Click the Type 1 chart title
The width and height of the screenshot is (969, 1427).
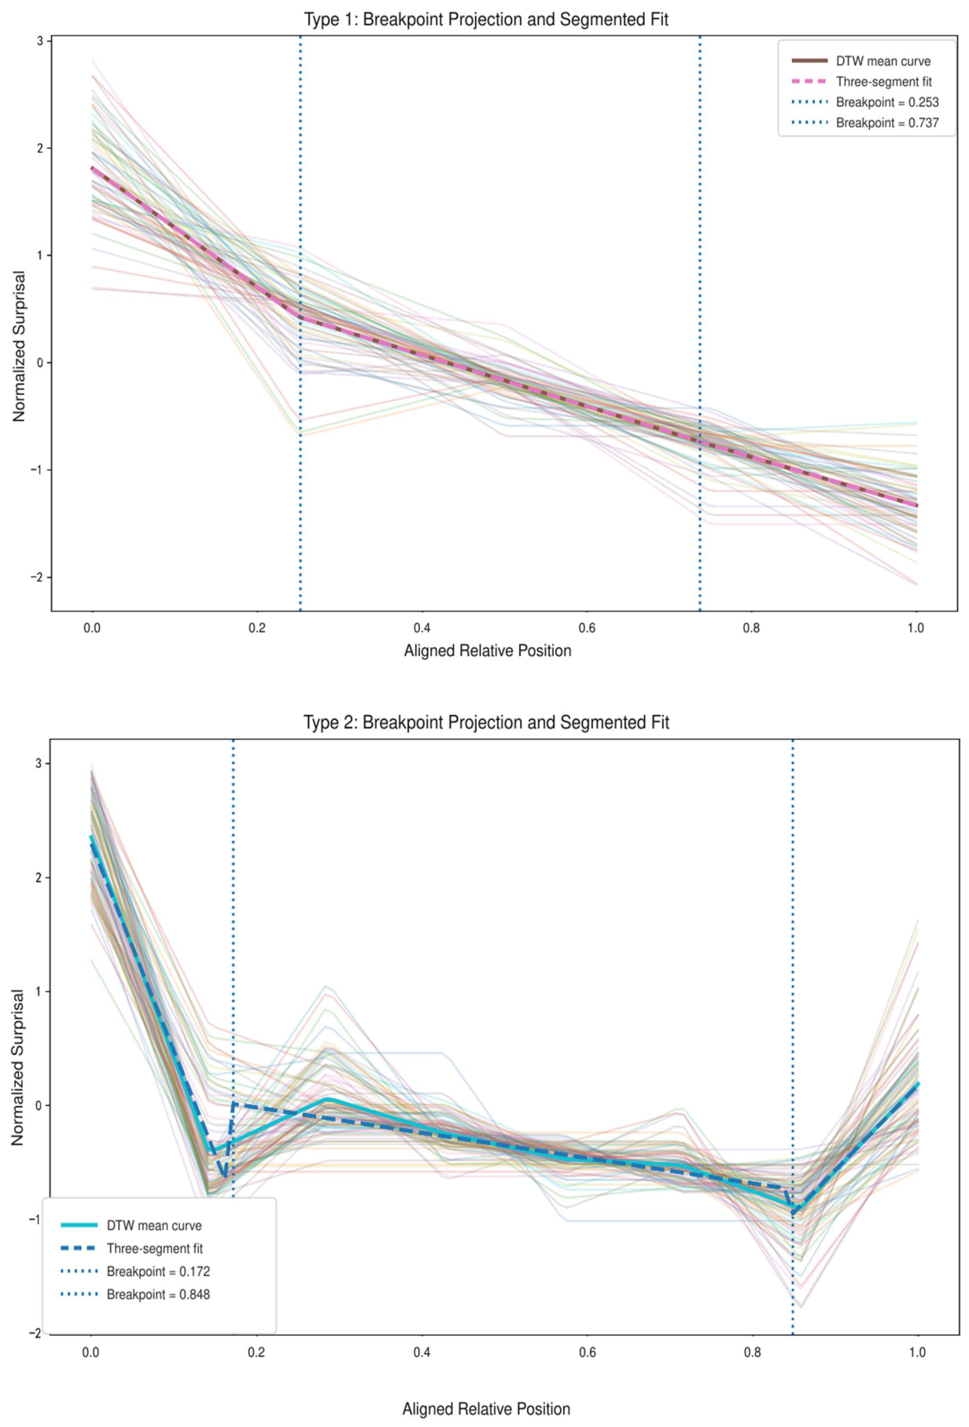tap(486, 20)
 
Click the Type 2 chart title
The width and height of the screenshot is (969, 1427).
tap(486, 722)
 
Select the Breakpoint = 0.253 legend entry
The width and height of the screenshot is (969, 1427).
tap(864, 102)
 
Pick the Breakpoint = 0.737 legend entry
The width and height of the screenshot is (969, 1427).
tap(864, 123)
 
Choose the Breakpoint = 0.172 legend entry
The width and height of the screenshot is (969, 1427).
tap(135, 1271)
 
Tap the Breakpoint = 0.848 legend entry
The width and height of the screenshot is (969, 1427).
tap(135, 1294)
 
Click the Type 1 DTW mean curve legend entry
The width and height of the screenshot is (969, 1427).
tap(860, 61)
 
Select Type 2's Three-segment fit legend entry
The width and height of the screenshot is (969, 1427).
tap(132, 1248)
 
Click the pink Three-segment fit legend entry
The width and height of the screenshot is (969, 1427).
tap(861, 82)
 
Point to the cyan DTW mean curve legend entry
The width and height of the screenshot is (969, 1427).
tap(131, 1226)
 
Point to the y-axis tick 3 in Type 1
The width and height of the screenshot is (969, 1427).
tap(39, 41)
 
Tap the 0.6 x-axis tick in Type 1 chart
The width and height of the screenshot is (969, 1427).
tap(587, 628)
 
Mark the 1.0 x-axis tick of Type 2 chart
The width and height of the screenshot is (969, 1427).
tap(917, 1352)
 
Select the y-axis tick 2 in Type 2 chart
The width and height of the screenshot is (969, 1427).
tap(38, 878)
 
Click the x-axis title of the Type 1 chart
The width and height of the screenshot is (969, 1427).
tap(488, 651)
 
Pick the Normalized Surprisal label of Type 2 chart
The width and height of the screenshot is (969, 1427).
tap(18, 1067)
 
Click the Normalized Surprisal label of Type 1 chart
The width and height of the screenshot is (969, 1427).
tap(20, 346)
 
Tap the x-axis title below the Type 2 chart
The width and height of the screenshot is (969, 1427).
tap(486, 1409)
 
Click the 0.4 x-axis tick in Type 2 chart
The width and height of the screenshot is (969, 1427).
tap(422, 1352)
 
